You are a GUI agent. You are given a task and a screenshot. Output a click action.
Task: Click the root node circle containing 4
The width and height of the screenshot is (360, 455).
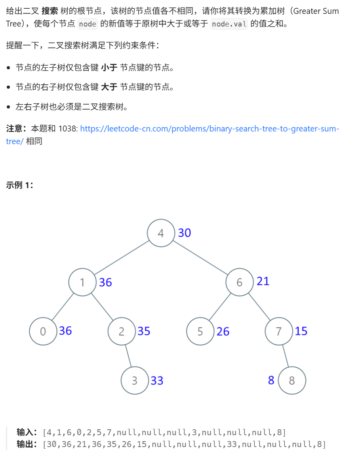161,233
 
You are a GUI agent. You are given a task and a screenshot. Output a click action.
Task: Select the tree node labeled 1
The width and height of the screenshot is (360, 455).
82,282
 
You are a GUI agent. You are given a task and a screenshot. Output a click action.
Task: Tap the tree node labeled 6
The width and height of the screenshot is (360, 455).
240,282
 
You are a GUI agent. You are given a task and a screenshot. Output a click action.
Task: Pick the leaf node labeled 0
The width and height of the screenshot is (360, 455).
43,331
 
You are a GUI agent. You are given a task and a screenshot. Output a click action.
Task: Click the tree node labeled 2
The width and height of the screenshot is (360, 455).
122,331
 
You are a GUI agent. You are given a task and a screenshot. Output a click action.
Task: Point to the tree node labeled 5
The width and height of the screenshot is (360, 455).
200,331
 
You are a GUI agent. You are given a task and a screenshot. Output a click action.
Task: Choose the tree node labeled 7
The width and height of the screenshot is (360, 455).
279,331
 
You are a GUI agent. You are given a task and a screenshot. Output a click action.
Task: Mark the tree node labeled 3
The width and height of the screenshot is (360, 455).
135,381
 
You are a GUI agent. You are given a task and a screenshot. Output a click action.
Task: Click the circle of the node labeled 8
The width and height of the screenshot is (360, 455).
292,381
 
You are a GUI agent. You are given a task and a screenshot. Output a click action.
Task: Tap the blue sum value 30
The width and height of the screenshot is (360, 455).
185,233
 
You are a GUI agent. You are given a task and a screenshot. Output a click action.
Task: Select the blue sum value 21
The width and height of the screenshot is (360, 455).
263,281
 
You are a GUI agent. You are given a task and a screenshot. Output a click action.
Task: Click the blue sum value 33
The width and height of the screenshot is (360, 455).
157,381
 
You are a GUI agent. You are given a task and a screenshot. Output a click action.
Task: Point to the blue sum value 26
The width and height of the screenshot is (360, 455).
223,331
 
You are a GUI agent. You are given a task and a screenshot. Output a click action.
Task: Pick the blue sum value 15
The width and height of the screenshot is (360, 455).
301,331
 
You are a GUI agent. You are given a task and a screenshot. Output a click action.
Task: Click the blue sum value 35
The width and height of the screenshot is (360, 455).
144,331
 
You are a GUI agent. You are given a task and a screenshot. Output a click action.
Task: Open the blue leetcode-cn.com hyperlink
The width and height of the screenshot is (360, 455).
210,129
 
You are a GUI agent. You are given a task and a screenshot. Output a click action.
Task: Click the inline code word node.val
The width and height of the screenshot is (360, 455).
229,24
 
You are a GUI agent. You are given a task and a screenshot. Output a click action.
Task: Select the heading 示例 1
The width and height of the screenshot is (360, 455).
20,185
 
